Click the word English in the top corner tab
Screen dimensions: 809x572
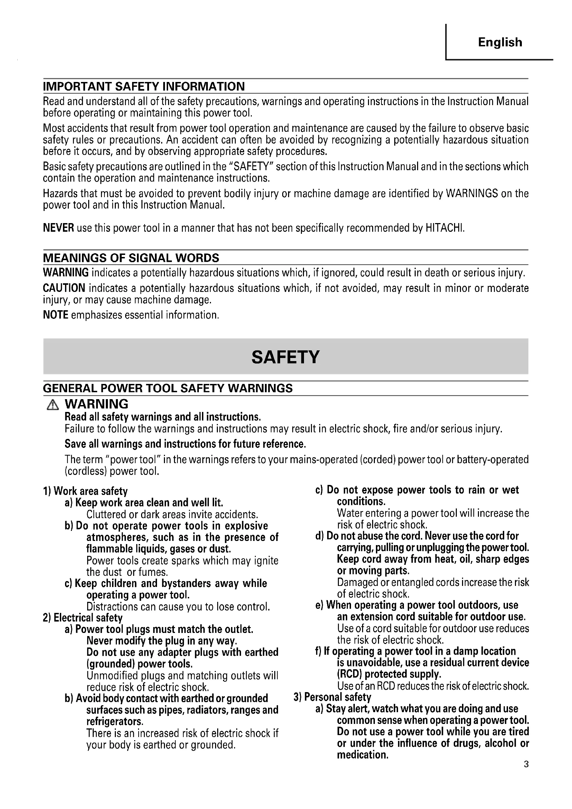pos(500,42)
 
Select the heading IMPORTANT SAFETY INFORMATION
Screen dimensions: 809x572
pos(144,86)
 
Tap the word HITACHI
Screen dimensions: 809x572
pos(444,228)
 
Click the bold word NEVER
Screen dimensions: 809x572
pos(58,228)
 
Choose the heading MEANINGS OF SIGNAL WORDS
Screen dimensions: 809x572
pos(131,258)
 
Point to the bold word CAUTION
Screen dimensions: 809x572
pos(64,288)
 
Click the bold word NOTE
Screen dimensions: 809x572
pos(55,315)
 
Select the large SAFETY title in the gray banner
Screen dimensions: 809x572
pos(285,357)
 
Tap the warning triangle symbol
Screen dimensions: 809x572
pos(53,406)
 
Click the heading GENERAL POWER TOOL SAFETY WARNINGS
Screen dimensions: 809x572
pos(168,388)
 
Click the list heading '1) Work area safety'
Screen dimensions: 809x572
pos(85,491)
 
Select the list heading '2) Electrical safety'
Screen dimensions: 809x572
pos(82,618)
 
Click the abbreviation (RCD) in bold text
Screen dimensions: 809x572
pos(349,674)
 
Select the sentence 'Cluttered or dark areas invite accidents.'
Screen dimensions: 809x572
pos(172,514)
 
